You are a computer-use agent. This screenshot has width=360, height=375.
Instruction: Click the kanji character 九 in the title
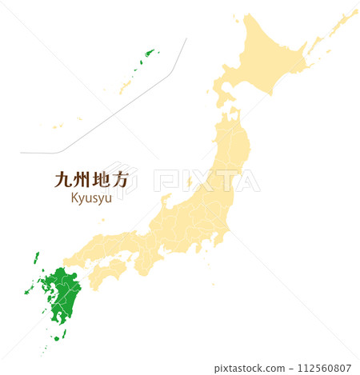(62, 181)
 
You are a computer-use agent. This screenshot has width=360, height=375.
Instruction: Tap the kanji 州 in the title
(80, 181)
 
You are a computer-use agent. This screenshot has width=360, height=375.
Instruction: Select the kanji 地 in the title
(99, 181)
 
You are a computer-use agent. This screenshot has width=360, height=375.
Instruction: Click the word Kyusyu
(91, 197)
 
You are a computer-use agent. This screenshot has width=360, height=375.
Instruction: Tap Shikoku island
(106, 273)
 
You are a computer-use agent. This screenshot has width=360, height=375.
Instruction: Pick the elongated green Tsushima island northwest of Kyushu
(36, 258)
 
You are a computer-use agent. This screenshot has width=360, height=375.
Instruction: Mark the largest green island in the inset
(147, 54)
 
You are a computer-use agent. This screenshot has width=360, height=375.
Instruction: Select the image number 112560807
(324, 369)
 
